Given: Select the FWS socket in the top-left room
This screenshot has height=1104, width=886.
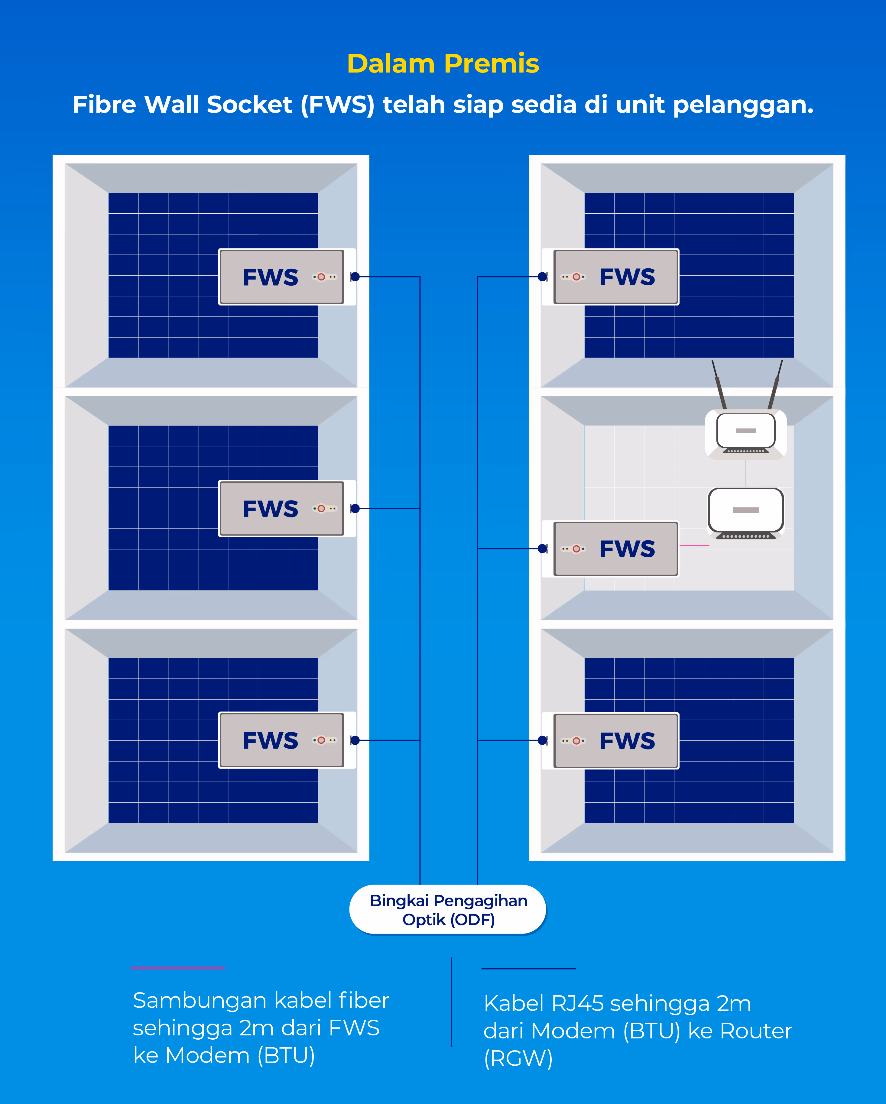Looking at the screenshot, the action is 281,277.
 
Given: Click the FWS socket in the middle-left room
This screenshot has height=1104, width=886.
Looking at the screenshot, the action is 281,508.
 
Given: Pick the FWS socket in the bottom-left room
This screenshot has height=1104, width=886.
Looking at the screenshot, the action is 281,740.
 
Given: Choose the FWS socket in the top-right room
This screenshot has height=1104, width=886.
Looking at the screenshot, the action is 616,277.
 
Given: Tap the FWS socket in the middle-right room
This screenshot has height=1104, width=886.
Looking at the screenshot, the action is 616,549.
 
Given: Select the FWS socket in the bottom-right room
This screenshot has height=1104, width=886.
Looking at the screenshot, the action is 616,740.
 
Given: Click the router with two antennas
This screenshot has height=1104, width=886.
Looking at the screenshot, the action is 746,433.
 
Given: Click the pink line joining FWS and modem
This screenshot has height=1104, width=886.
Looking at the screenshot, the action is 694,545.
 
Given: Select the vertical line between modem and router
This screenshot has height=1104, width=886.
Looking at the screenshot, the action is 746,473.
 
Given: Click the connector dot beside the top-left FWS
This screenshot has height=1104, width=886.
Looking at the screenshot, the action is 355,277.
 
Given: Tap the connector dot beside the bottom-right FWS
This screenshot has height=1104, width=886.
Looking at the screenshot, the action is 542,740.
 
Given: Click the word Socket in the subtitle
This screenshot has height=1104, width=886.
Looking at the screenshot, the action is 249,105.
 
